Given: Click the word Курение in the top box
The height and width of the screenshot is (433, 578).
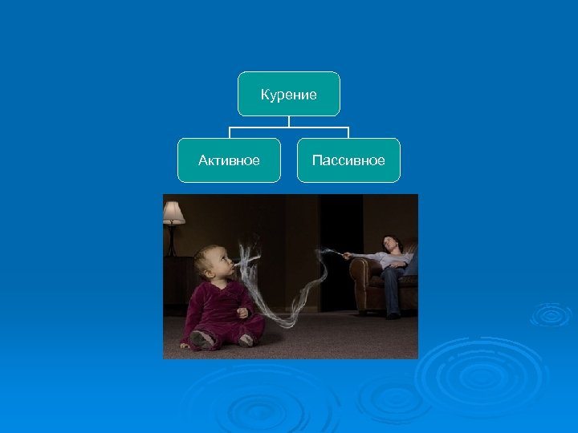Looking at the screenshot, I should point(289,95).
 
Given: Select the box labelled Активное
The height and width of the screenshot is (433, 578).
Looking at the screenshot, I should point(230,160).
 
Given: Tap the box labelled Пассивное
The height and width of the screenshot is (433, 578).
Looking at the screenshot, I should point(348,160).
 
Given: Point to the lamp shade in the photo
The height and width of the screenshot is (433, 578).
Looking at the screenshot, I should point(173,212).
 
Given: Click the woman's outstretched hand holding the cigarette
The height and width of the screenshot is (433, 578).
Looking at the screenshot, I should point(347,255).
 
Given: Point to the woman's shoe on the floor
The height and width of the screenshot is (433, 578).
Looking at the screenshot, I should point(393,315).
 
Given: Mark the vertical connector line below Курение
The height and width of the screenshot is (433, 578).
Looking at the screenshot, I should point(289,121).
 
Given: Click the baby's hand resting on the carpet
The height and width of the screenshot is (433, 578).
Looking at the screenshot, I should point(186,343).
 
